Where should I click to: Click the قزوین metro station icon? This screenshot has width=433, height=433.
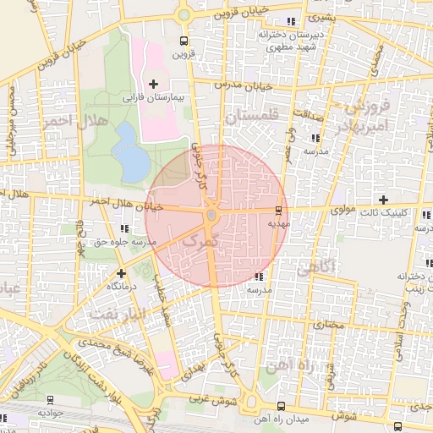pyautogui.click(x=184, y=41)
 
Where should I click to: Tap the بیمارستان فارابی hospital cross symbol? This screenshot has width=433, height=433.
pyautogui.click(x=153, y=84)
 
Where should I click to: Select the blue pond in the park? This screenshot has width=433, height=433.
pyautogui.click(x=130, y=151)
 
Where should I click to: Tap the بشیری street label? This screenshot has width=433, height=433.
pyautogui.click(x=321, y=16)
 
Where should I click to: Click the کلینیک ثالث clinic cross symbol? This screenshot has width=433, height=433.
pyautogui.click(x=384, y=200)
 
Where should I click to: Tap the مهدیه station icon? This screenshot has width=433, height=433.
pyautogui.click(x=278, y=209)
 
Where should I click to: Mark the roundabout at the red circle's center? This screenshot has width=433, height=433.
pyautogui.click(x=211, y=216)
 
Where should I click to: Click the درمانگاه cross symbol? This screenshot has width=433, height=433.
pyautogui.click(x=122, y=273)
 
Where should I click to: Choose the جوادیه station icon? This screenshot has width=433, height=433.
pyautogui.click(x=49, y=399)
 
